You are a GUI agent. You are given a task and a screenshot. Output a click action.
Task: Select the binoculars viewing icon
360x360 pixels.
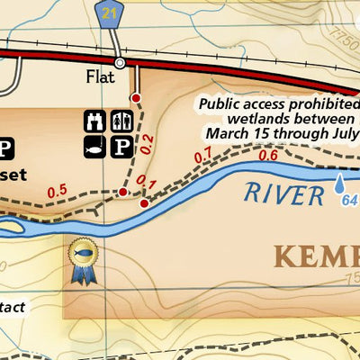pyautogui.click(x=94, y=121)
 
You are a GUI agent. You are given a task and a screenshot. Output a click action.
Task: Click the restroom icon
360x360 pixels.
pyautogui.click(x=121, y=121)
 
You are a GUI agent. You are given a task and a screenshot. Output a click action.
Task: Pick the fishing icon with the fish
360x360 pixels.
pyautogui.click(x=94, y=147)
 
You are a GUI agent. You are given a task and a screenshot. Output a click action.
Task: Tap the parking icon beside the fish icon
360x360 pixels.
pyautogui.click(x=121, y=147)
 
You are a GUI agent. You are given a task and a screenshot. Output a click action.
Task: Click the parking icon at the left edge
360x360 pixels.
pyautogui.click(x=6, y=148)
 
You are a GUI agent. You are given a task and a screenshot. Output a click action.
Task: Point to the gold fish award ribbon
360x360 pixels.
pyautogui.click(x=85, y=261)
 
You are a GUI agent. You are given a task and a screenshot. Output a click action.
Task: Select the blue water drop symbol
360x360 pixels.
pyautogui.click(x=340, y=184)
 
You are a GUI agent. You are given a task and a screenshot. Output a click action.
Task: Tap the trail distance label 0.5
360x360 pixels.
pyautogui.click(x=58, y=190)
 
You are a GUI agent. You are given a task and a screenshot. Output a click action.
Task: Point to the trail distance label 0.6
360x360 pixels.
pyautogui.click(x=267, y=155)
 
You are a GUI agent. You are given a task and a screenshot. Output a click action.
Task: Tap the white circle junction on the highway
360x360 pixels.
pyautogui.click(x=119, y=62)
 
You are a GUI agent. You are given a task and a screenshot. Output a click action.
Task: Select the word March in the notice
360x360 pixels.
pyautogui.click(x=229, y=133)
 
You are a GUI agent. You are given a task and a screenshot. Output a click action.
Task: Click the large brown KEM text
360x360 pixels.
pyautogui.click(x=315, y=256)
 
